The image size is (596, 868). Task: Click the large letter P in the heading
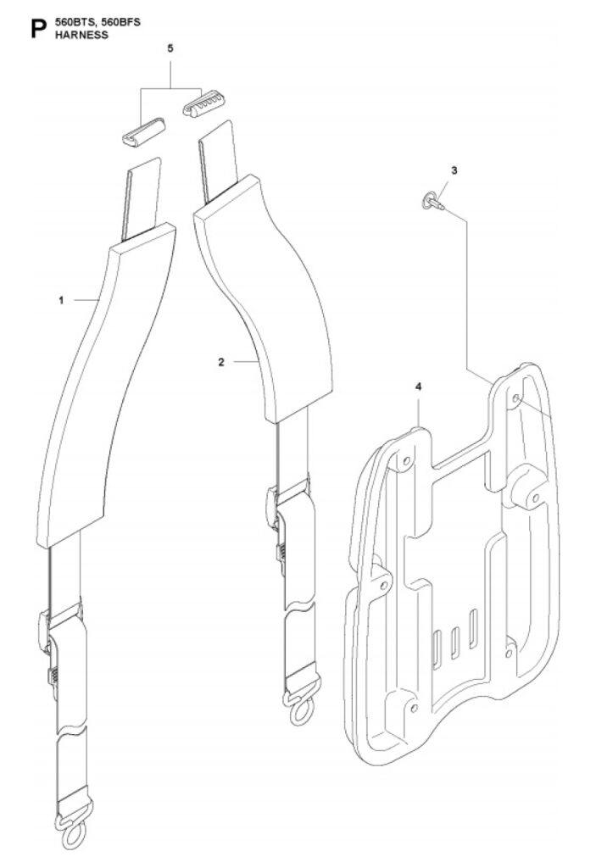pos(38,30)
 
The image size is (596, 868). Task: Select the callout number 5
pos(170,48)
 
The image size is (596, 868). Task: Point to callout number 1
pos(62,300)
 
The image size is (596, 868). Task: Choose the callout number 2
pos(221,362)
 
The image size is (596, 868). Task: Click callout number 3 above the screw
pos(454,170)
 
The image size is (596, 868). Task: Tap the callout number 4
pos(418,387)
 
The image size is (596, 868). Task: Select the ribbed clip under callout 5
pos(203,102)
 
